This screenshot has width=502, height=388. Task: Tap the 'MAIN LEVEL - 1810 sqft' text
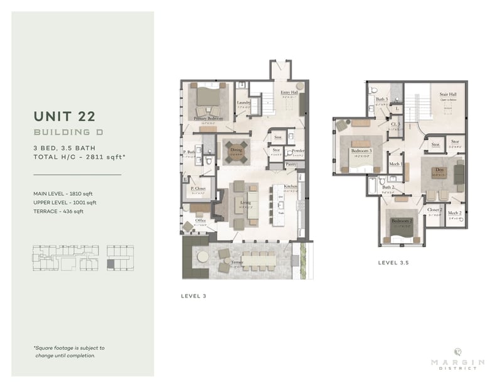tap(65, 193)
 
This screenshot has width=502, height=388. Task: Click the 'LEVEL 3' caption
tap(193, 294)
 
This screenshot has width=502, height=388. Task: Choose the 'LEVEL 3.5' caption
tap(393, 263)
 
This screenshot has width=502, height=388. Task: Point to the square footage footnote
tap(69, 351)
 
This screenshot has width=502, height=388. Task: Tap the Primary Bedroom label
tap(208, 117)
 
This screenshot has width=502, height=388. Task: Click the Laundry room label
tap(243, 103)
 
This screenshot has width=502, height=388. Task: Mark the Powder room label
tap(298, 151)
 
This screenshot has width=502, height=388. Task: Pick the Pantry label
tap(291, 164)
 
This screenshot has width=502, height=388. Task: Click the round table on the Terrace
tap(202, 257)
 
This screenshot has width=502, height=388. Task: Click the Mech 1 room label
tap(395, 163)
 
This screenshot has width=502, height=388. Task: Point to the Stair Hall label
tap(448, 94)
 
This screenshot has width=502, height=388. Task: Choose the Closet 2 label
tap(434, 210)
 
